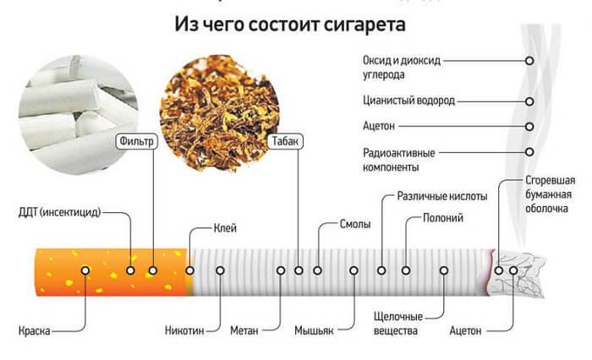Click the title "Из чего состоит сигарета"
coord(289,24)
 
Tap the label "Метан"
coord(244,330)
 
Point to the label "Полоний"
coord(443,218)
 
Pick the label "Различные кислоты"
coord(441,197)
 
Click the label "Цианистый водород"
coord(408,101)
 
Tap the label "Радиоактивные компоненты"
coord(398,160)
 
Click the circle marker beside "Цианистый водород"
coord(529,101)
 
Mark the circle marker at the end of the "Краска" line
coord(85,270)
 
